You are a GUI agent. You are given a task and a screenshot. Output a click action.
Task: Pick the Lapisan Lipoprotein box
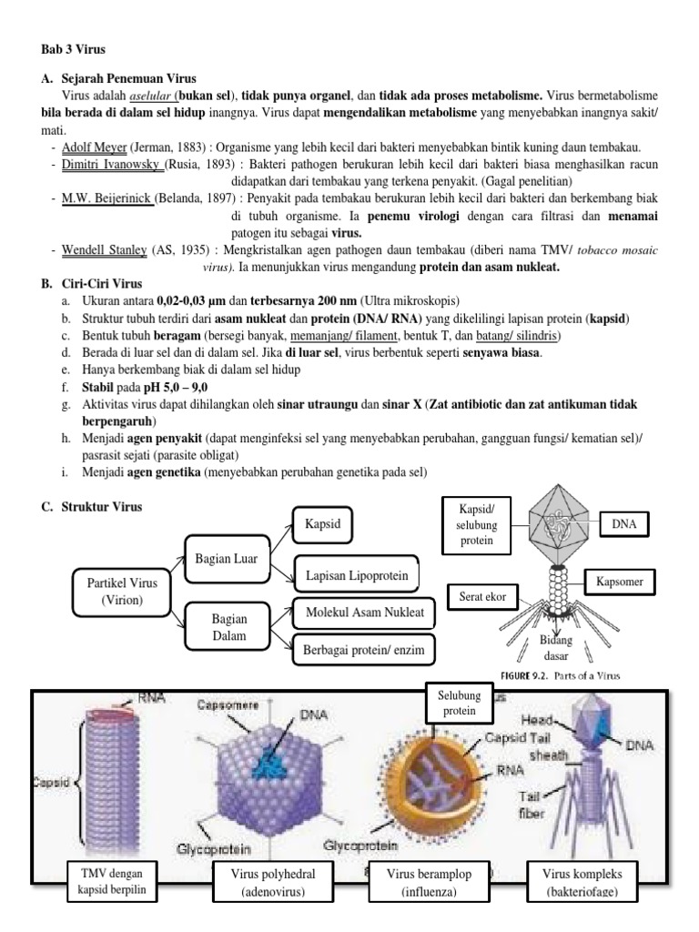point(356,576)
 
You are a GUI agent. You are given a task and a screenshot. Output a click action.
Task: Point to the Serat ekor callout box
point(482,598)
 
